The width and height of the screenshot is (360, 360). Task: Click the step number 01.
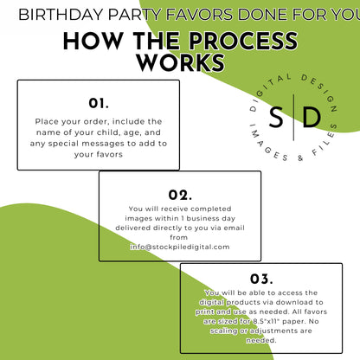pyautogui.click(x=99, y=103)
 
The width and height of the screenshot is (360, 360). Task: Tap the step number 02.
pyautogui.click(x=180, y=195)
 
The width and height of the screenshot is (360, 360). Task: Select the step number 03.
pyautogui.click(x=261, y=279)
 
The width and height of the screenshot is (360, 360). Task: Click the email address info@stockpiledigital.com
pyautogui.click(x=180, y=247)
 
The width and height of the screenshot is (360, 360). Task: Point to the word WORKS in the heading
pyautogui.click(x=181, y=62)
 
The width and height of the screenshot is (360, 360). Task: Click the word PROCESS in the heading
pyautogui.click(x=243, y=41)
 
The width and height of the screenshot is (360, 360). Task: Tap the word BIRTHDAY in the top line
pyautogui.click(x=61, y=15)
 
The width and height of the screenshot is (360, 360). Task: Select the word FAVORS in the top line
pyautogui.click(x=199, y=15)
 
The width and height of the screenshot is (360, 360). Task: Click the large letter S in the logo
pyautogui.click(x=276, y=117)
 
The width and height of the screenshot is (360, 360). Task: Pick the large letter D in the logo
pyautogui.click(x=312, y=117)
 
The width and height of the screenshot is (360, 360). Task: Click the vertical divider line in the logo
pyautogui.click(x=293, y=117)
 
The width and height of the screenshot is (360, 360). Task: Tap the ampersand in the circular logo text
pyautogui.click(x=300, y=157)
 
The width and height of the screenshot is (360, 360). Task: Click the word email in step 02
pyautogui.click(x=235, y=228)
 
